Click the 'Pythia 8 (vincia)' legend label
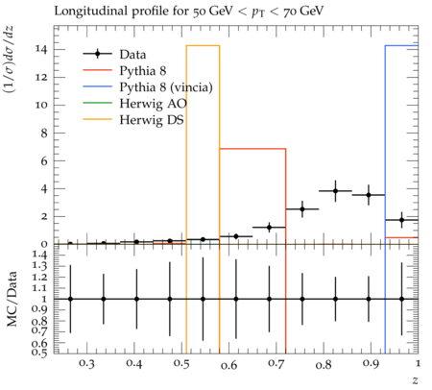click(x=166, y=87)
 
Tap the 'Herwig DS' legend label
click(x=152, y=120)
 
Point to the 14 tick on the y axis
click(x=41, y=49)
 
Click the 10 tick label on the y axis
click(x=41, y=105)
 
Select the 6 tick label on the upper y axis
click(x=44, y=160)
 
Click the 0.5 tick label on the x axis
click(x=181, y=363)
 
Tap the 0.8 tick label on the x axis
click(x=324, y=365)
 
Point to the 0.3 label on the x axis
click(x=86, y=363)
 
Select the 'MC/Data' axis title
click(x=12, y=299)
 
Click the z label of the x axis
click(x=415, y=380)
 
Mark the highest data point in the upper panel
click(x=335, y=191)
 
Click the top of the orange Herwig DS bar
click(x=203, y=46)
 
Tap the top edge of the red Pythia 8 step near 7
click(x=252, y=149)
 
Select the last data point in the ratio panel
click(x=401, y=299)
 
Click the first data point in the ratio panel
click(x=70, y=299)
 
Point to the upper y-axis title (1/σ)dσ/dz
click(x=9, y=60)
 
